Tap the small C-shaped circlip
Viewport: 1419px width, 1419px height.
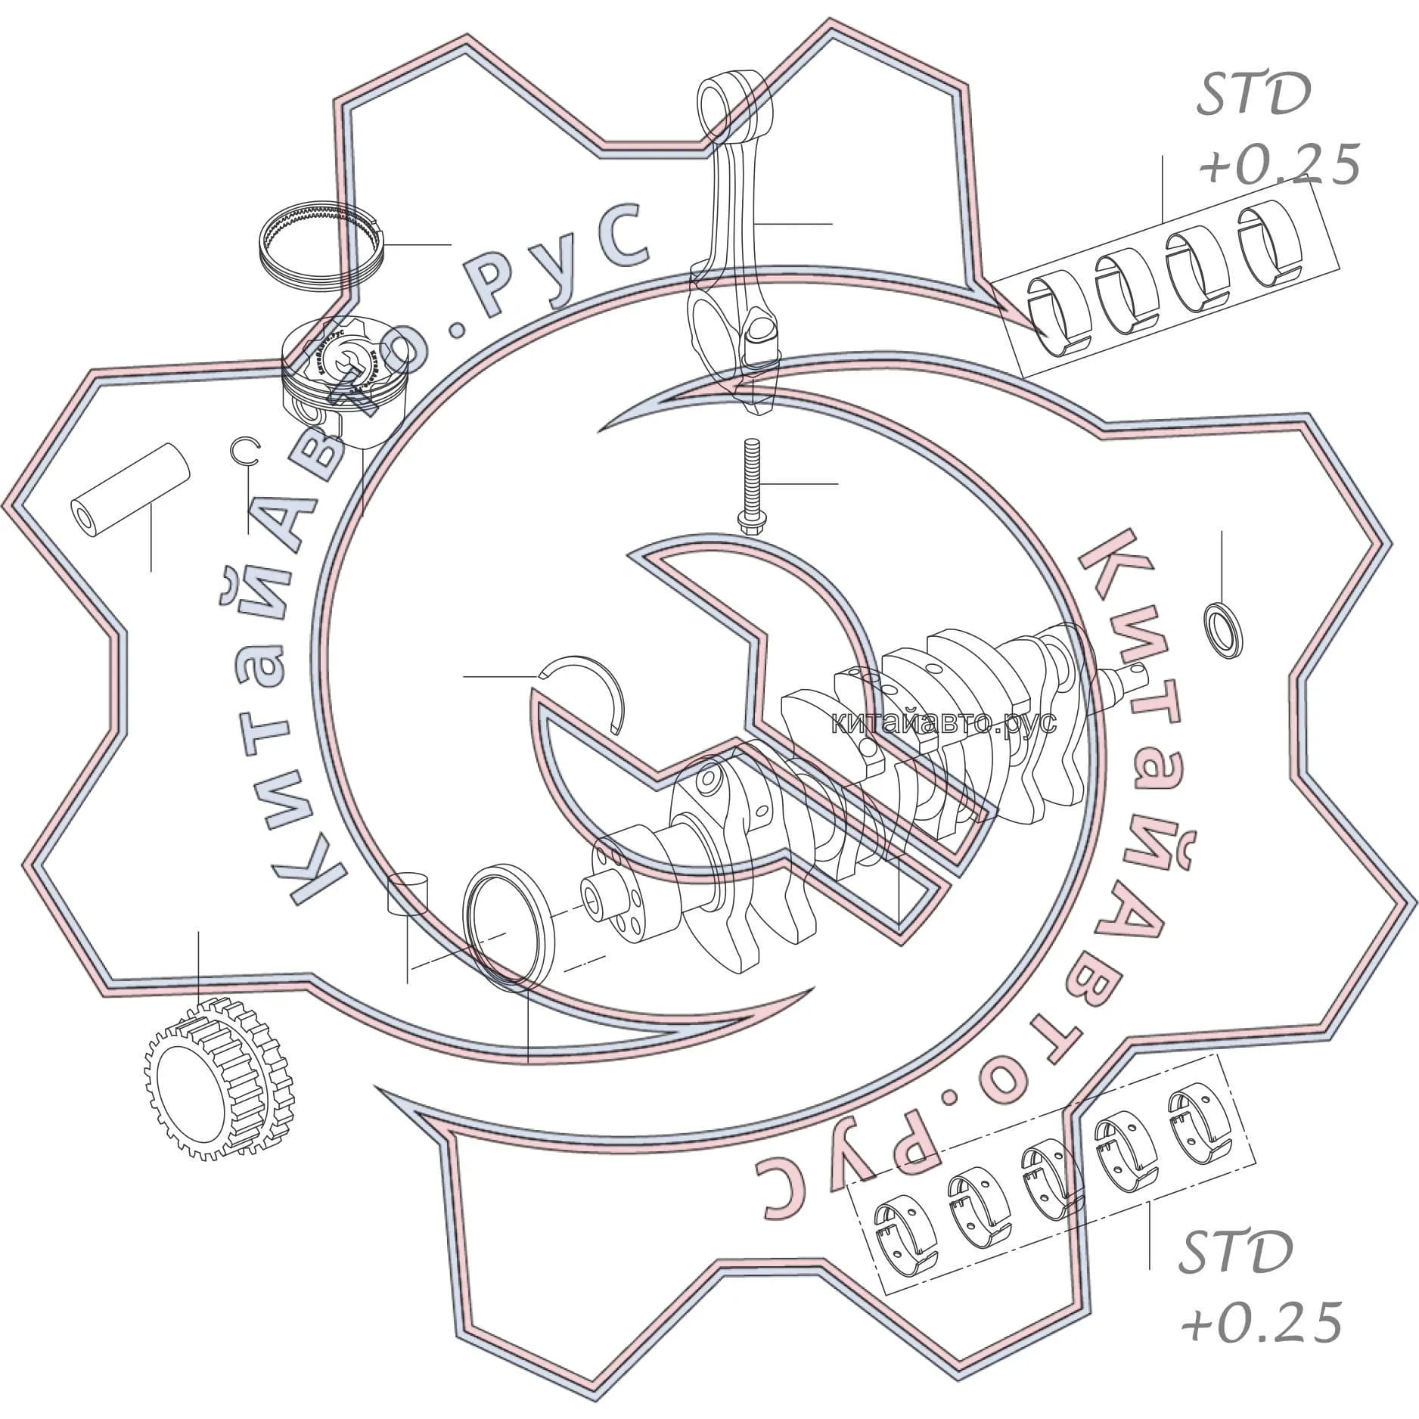(246, 452)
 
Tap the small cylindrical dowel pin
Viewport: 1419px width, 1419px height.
(407, 895)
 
